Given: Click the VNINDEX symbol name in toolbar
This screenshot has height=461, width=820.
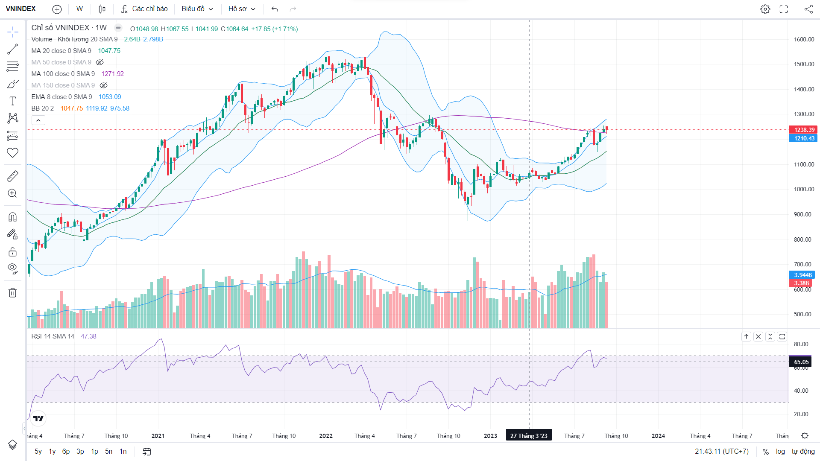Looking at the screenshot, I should (x=21, y=9).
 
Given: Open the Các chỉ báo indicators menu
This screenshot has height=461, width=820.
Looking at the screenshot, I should (x=144, y=9).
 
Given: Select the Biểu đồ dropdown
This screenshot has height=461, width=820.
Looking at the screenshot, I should (x=197, y=9).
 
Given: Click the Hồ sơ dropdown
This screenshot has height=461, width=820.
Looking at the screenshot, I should (x=241, y=9).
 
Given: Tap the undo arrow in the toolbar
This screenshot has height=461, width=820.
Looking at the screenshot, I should (x=275, y=9).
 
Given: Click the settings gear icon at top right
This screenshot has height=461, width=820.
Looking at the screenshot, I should (x=765, y=9).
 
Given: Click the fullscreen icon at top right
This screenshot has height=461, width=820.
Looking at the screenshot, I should (x=784, y=9).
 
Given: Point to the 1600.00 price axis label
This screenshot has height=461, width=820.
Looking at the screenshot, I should (x=804, y=39).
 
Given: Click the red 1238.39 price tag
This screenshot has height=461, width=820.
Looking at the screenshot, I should (x=804, y=130).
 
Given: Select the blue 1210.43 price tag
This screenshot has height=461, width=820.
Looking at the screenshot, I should (x=804, y=138).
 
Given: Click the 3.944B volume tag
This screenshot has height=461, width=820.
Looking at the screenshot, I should (x=802, y=275).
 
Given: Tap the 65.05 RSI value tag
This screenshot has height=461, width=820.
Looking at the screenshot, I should (x=801, y=362).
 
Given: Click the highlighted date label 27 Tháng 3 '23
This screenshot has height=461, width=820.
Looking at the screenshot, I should (x=529, y=435).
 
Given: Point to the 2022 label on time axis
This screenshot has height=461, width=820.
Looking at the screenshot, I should (x=325, y=436).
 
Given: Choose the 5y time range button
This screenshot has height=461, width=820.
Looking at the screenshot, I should (x=38, y=452).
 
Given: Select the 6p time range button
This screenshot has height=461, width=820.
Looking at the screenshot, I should (x=66, y=452).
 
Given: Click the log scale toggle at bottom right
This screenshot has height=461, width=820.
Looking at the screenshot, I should (x=780, y=452).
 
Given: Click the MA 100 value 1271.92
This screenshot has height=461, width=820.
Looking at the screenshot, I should (x=112, y=74).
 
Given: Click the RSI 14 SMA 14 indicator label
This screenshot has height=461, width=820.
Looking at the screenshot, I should (x=53, y=336).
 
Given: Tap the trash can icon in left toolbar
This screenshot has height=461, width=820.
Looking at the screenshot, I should (x=12, y=293).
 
